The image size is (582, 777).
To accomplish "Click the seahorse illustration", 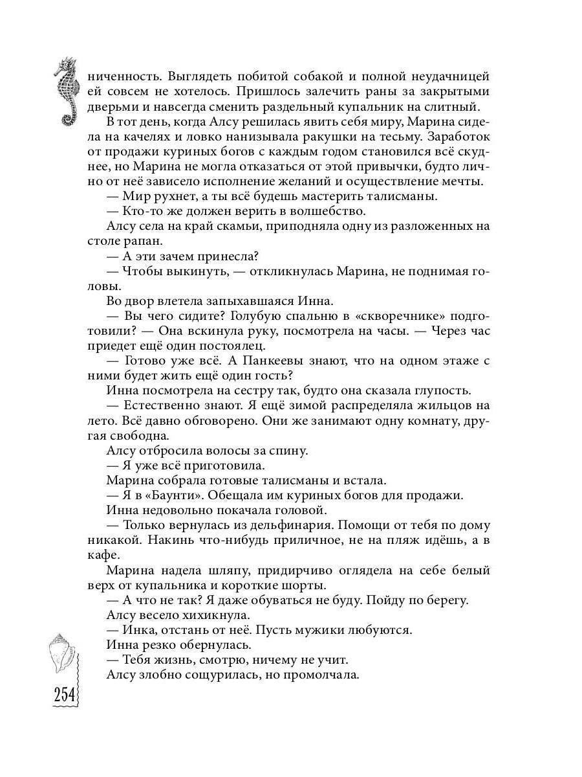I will [x=67, y=91].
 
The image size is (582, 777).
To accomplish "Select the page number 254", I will [x=65, y=697].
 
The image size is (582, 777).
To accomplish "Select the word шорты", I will [x=292, y=585].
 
